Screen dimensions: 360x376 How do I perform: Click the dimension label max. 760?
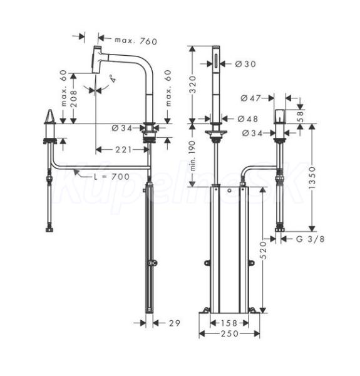point(136,41)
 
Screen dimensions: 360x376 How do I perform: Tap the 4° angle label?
point(113,79)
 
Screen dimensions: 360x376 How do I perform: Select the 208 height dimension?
point(74,98)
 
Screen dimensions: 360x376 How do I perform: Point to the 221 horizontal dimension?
point(123,150)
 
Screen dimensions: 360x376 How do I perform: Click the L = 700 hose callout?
point(111,177)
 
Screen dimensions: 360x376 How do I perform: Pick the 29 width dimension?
point(175,323)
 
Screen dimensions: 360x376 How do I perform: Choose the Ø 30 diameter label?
point(245,64)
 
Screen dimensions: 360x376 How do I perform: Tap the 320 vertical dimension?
point(192,85)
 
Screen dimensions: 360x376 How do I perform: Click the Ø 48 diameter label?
point(248,118)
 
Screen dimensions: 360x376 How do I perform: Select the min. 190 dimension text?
point(192,156)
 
